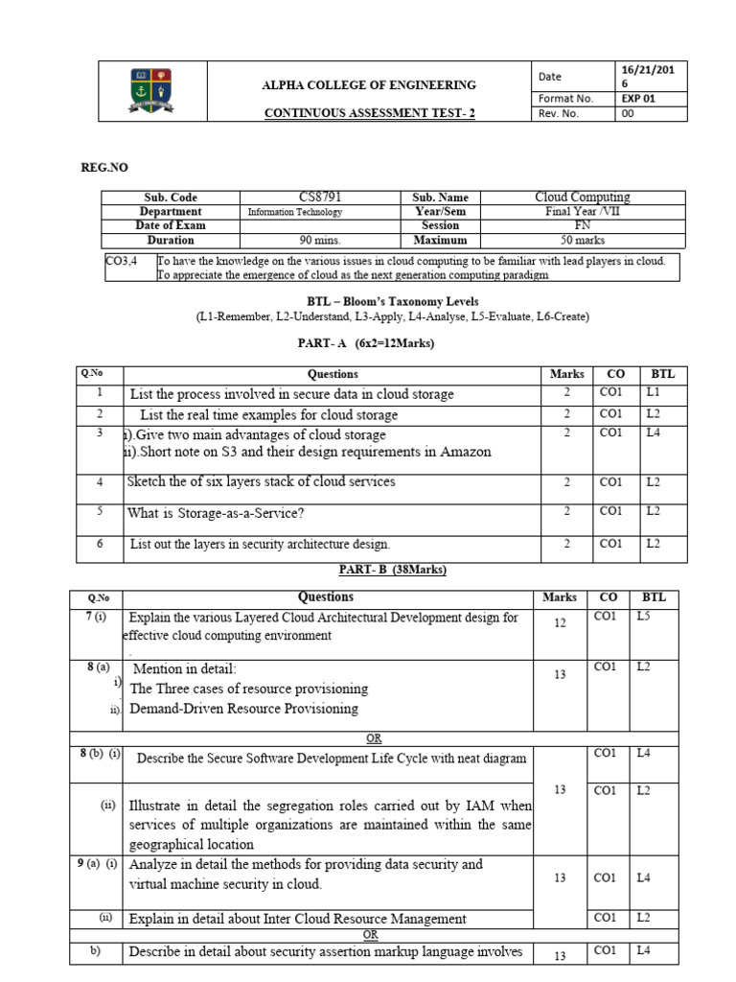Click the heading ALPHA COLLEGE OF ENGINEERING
point(369,85)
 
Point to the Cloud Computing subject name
point(582,198)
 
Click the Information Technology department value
point(294,212)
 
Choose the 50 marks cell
point(582,241)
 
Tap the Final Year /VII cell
point(582,212)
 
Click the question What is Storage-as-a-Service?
point(216,513)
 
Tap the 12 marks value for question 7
point(560,623)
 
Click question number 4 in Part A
point(99,481)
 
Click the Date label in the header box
point(550,77)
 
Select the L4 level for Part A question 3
point(653,433)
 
